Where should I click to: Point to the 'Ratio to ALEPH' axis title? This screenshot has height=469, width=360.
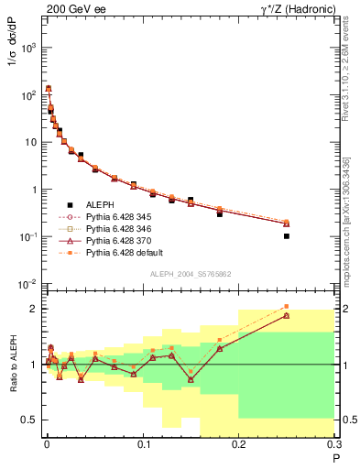[12, 364]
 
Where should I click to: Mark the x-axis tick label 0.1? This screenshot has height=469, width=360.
[143, 444]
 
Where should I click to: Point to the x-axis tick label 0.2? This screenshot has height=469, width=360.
[239, 444]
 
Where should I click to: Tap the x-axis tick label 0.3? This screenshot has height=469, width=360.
[333, 444]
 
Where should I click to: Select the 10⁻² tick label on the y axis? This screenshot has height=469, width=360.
[29, 284]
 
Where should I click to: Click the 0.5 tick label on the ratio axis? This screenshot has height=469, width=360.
[29, 420]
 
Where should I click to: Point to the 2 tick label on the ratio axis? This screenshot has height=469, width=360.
[35, 309]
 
